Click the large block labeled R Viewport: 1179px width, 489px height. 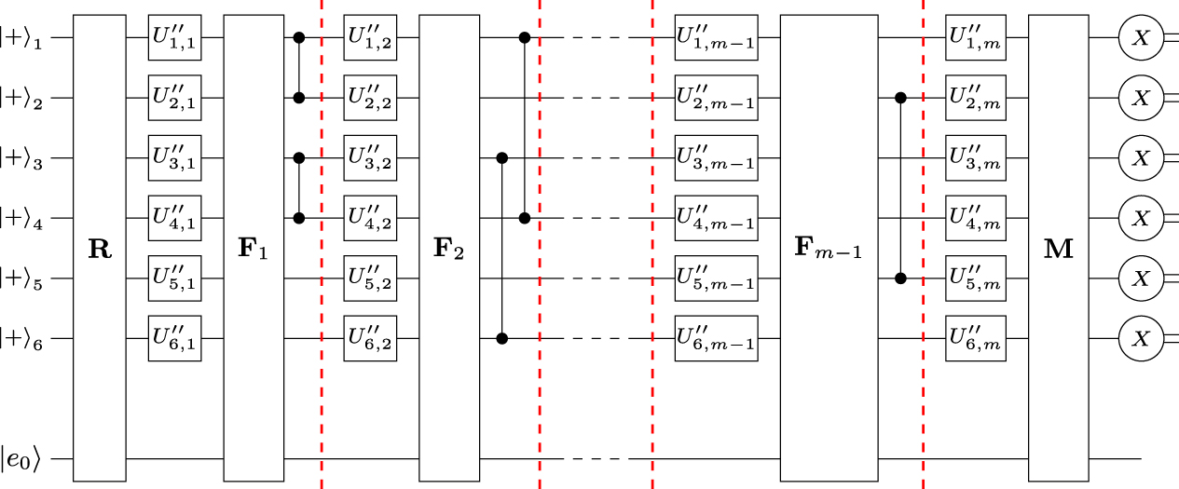(99, 248)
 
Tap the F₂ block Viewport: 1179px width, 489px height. (446, 248)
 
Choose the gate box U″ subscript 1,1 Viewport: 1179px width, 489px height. (174, 37)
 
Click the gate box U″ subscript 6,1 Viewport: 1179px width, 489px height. (174, 339)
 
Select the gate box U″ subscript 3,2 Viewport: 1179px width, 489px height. (370, 158)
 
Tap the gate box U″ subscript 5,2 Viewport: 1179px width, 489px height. (370, 278)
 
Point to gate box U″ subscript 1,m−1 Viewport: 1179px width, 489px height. (716, 37)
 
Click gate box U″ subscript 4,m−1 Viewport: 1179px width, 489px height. (716, 218)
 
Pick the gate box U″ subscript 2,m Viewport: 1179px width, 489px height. (975, 98)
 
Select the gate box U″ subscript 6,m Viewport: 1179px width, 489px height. (975, 339)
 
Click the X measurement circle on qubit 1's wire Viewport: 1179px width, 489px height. (1137, 37)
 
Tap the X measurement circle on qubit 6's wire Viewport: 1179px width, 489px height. (1137, 339)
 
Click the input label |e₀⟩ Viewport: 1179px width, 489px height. (21, 458)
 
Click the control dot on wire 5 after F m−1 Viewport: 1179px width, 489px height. (900, 278)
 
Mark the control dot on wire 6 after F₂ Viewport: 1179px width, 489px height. (503, 339)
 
